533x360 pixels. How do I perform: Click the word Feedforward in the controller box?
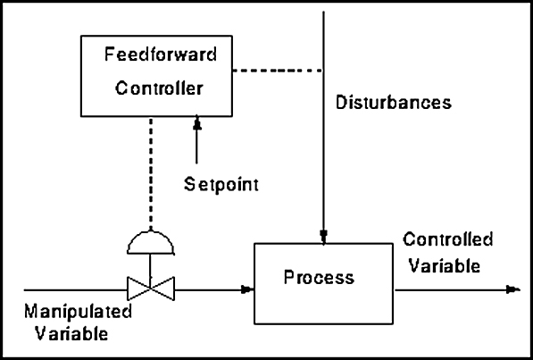[x=161, y=54]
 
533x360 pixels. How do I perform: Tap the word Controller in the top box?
[x=159, y=88]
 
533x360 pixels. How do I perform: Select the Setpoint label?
[x=221, y=185]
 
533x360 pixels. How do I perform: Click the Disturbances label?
[x=394, y=102]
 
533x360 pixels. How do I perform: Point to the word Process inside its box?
[x=319, y=277]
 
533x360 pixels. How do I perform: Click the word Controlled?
[x=447, y=239]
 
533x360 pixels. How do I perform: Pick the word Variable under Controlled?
[x=445, y=265]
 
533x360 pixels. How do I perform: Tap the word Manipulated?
[x=78, y=311]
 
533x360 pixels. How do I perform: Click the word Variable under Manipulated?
[x=71, y=333]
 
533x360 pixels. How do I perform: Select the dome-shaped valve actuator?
[x=151, y=242]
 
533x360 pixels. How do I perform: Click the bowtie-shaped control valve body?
[x=151, y=289]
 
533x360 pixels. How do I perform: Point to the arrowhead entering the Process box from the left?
[x=247, y=290]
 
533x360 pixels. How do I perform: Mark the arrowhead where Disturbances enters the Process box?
[x=323, y=237]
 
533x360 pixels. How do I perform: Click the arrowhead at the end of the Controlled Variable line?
[x=513, y=290]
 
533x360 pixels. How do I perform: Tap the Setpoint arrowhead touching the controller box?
[x=196, y=123]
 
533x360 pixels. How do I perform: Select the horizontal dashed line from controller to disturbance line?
[x=278, y=71]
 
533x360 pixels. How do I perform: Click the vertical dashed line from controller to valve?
[x=151, y=174]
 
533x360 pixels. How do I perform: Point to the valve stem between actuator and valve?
[x=150, y=265]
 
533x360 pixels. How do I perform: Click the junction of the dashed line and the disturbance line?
[x=323, y=71]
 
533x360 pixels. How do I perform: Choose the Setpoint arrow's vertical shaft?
[x=196, y=147]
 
